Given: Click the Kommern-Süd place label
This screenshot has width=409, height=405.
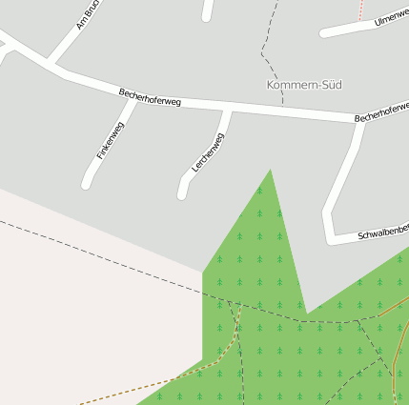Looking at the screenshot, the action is click(303, 85).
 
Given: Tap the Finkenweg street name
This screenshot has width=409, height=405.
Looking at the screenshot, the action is click(111, 140).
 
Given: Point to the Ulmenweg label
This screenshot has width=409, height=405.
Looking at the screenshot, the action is click(391, 16).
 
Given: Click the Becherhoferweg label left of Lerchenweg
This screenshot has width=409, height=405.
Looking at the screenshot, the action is click(150, 96).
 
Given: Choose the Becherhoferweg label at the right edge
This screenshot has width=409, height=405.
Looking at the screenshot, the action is click(381, 111).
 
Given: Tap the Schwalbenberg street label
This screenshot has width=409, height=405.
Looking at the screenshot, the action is click(382, 231).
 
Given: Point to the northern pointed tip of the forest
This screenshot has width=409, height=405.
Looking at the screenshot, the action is click(271, 171).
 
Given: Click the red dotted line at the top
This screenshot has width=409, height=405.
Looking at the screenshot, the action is click(361, 9).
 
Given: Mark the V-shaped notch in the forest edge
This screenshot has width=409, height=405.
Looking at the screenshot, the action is click(306, 312).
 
